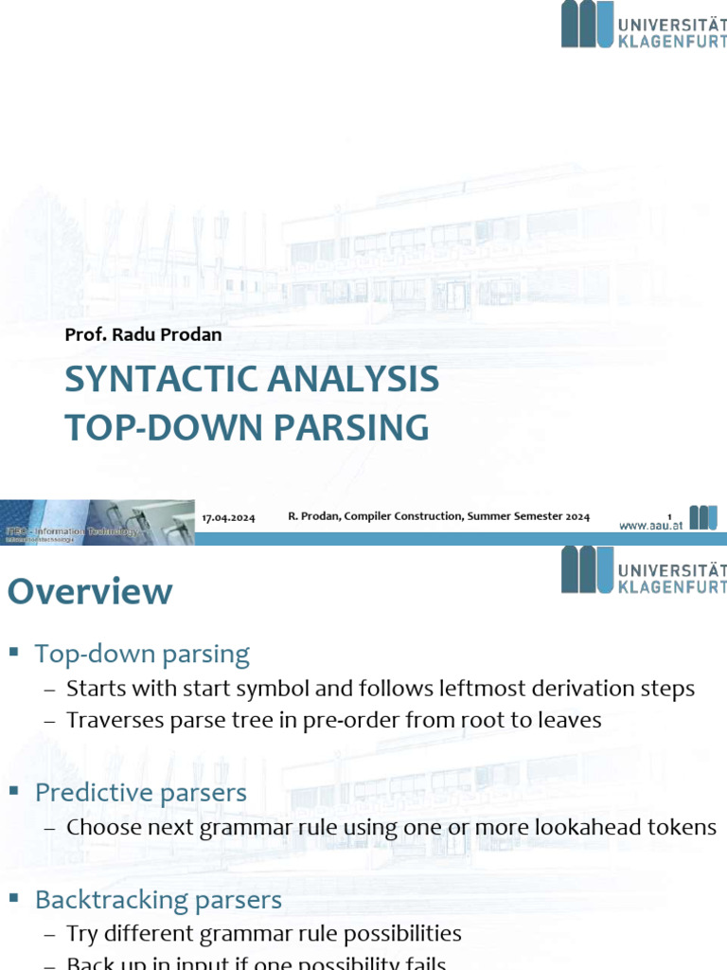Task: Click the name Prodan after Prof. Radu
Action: click(x=194, y=334)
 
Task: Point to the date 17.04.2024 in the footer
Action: click(x=229, y=517)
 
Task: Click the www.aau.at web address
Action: click(x=651, y=525)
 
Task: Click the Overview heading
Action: click(x=90, y=592)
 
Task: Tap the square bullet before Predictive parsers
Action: click(x=14, y=792)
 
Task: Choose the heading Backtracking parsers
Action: click(x=158, y=899)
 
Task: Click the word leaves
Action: click(x=569, y=720)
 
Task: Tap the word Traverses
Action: click(x=110, y=720)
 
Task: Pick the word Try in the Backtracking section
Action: click(x=81, y=934)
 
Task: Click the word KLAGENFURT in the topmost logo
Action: click(x=671, y=39)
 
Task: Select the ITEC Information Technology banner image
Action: click(x=97, y=523)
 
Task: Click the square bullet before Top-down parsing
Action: click(x=14, y=653)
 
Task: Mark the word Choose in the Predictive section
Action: click(x=101, y=827)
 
